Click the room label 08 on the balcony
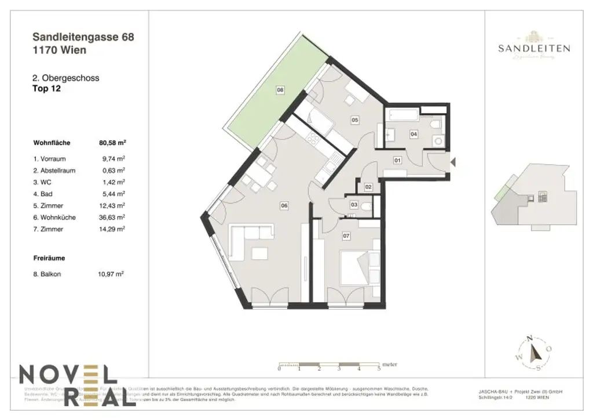280,90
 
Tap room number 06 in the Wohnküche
284,204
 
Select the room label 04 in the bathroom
413,134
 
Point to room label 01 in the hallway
398,160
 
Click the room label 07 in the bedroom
346,236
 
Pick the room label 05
355,121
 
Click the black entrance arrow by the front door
453,163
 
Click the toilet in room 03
365,206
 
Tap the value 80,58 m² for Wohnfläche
113,142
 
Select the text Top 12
47,89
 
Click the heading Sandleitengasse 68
84,38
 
